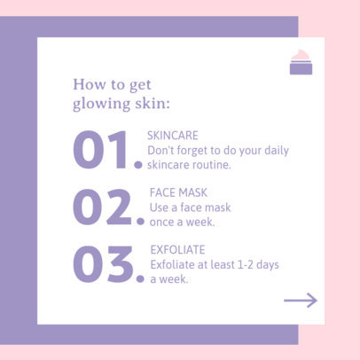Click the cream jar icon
tap(301, 63)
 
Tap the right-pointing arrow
tap(300, 301)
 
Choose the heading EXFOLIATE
tap(177, 249)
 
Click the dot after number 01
tap(138, 164)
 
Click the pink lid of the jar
tap(301, 55)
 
